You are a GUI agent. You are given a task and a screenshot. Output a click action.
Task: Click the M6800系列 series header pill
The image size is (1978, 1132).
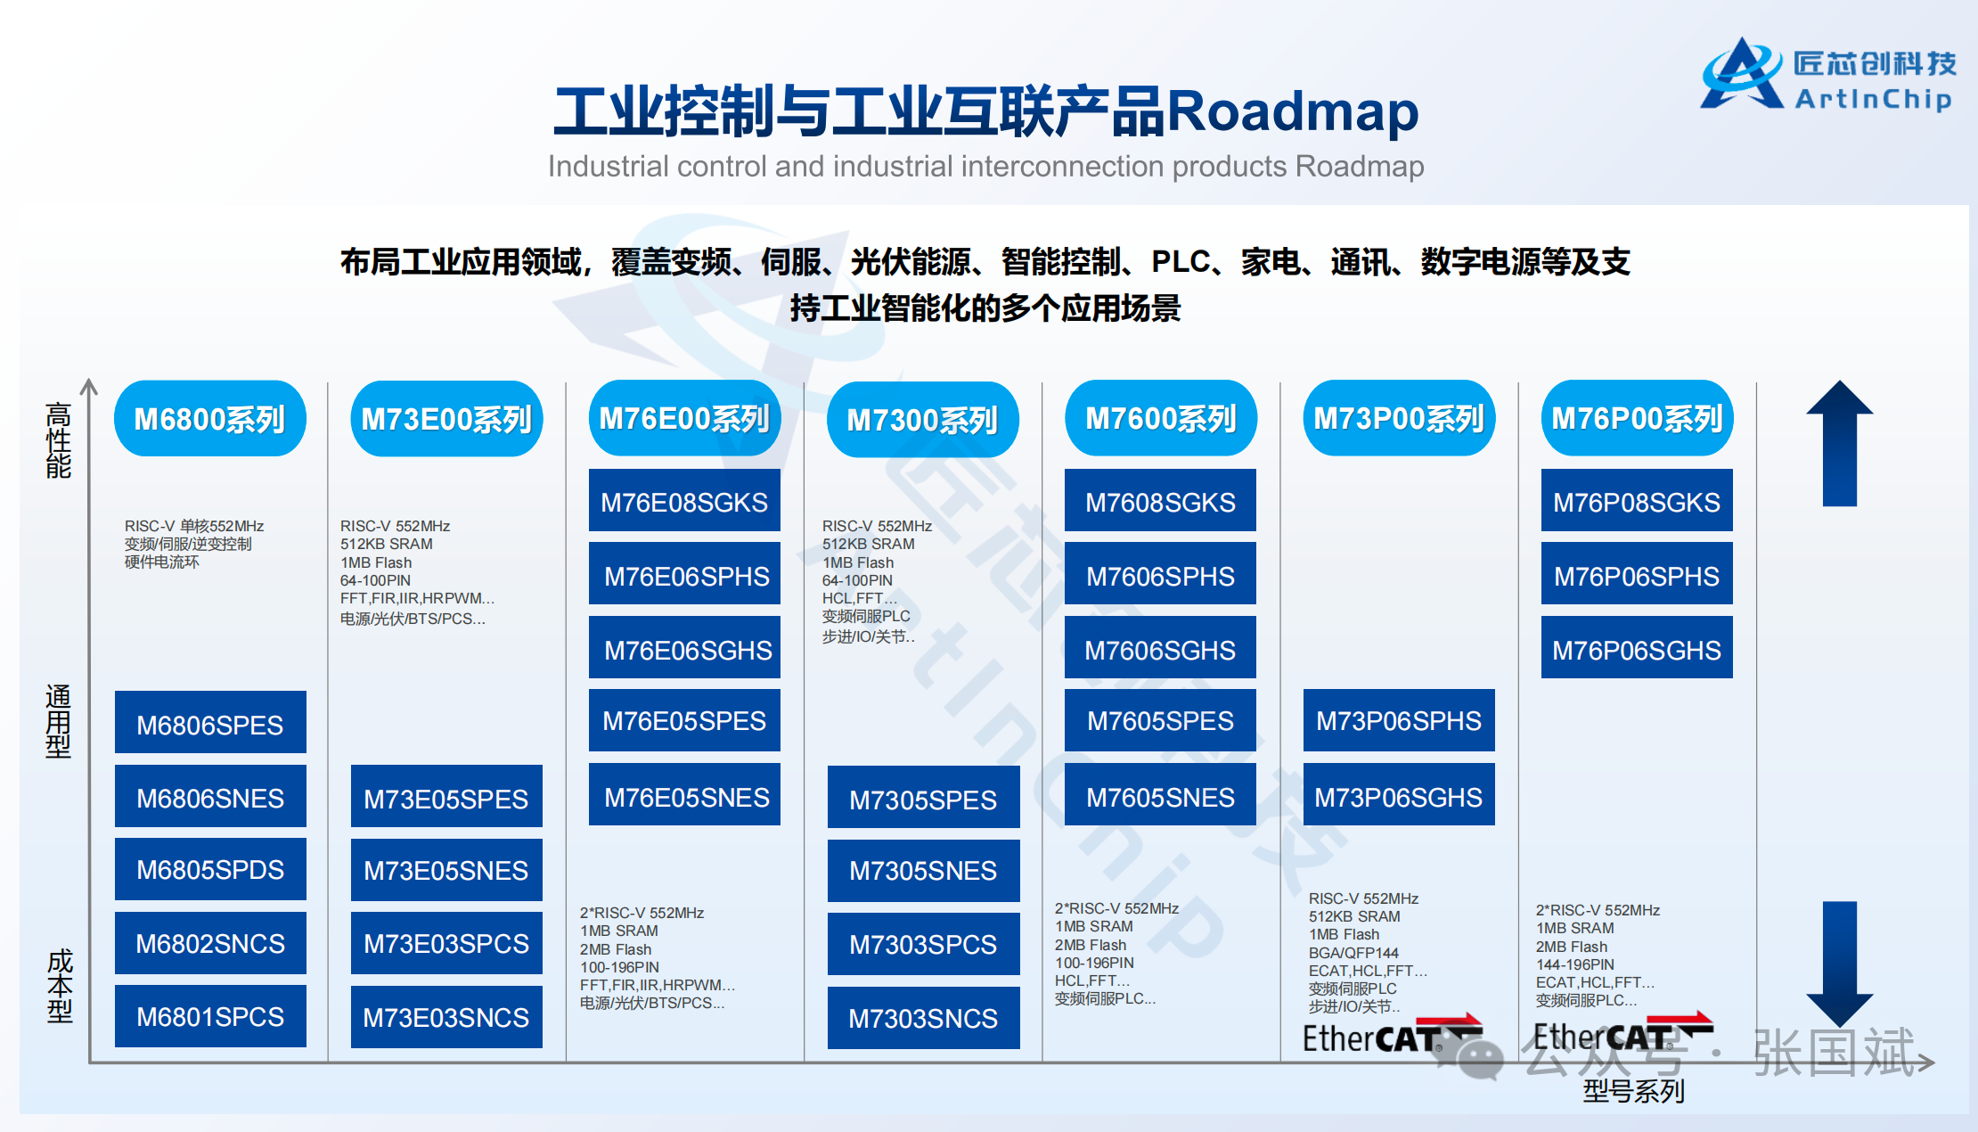coord(210,419)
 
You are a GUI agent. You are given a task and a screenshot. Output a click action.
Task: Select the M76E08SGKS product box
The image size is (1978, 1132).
coord(684,501)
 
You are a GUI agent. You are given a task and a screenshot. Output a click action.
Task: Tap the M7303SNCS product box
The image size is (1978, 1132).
coord(923,1018)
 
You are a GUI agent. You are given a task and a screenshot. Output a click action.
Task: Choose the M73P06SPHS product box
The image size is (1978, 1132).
coord(1399,720)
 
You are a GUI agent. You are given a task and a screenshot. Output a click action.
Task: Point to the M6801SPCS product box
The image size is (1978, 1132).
coord(210,1016)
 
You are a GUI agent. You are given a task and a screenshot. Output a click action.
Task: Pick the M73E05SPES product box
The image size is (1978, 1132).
coord(446,797)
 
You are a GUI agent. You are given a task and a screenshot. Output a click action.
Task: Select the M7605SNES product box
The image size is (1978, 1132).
coord(1160,795)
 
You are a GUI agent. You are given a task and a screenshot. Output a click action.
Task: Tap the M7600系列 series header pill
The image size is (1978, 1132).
coord(1161,419)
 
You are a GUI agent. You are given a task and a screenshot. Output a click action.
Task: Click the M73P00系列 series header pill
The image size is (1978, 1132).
coord(1399,419)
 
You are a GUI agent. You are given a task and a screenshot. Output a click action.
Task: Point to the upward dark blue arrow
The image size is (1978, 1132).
coord(1840,444)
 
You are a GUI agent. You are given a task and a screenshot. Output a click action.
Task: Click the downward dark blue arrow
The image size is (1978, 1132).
coord(1840,964)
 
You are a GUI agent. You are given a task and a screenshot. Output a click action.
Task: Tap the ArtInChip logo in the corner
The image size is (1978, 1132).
coord(1828,76)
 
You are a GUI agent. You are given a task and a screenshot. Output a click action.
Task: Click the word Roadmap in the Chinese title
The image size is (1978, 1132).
coord(1293,111)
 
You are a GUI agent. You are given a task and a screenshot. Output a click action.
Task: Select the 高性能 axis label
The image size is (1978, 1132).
coord(59,440)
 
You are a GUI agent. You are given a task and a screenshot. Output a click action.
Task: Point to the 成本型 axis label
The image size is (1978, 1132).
coord(60,986)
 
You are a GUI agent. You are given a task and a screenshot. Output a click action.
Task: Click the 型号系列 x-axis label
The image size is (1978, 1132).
coord(1633,1091)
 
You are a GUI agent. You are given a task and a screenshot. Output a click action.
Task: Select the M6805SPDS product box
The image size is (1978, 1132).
coord(210,869)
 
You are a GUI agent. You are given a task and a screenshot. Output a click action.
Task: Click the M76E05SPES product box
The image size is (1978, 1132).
coord(684,720)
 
